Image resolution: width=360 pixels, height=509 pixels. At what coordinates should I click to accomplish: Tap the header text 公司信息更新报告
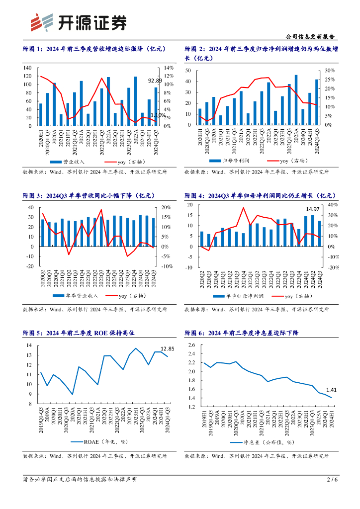coord(311,37)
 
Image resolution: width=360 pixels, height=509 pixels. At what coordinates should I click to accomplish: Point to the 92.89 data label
coord(155,81)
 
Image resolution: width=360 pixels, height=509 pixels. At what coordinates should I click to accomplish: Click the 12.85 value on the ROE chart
coord(167,348)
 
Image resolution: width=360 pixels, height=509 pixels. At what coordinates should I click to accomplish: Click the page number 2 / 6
coord(332,480)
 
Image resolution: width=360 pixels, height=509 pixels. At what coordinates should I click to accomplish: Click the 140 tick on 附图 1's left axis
coord(27,68)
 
